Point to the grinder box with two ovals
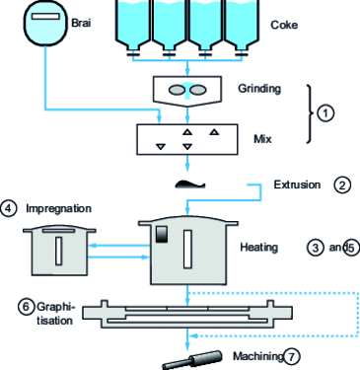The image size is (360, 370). [187, 90]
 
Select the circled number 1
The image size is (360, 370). [329, 112]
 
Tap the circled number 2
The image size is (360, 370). [342, 185]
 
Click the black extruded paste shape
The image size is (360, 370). [187, 184]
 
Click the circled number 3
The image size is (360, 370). [315, 248]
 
